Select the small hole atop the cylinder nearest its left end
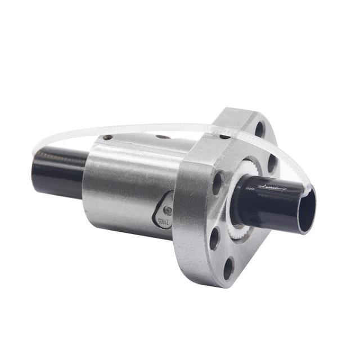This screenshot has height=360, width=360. coord(107,137)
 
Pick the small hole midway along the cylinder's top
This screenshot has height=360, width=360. coord(163,136)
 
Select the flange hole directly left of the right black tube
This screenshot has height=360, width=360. coord(218,183)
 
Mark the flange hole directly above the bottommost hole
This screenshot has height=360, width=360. coord(214,238)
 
